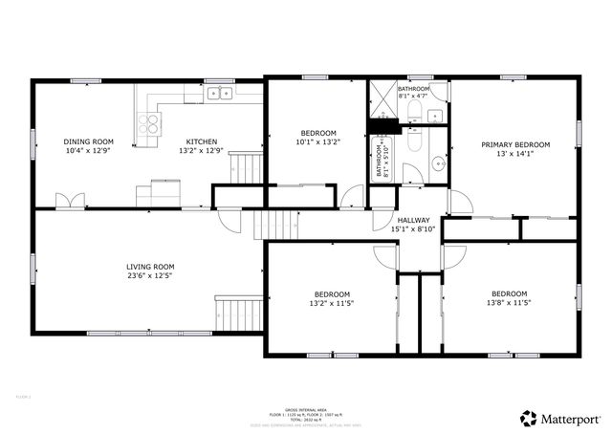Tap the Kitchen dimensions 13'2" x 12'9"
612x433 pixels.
coord(201,151)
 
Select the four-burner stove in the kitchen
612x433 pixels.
coord(148,123)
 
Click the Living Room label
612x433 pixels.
coord(150,267)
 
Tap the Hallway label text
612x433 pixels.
coord(413,220)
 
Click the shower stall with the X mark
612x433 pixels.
coord(383,99)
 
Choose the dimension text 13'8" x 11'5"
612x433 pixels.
coord(509,304)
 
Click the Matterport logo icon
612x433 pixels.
coord(528,417)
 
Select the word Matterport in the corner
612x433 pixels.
coord(572,418)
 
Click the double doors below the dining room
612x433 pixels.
coord(69,201)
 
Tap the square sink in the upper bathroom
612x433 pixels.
coord(435,117)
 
